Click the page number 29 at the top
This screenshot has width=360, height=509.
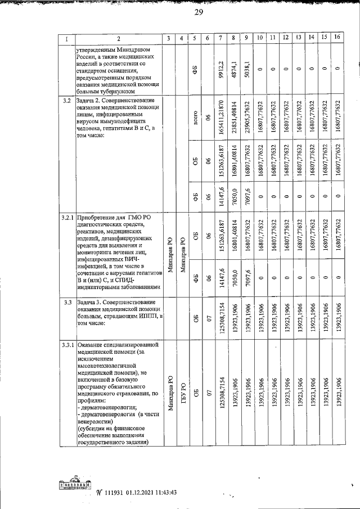(x=198, y=13)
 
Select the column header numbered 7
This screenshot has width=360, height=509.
(x=221, y=38)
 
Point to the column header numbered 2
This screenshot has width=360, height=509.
(x=119, y=38)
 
